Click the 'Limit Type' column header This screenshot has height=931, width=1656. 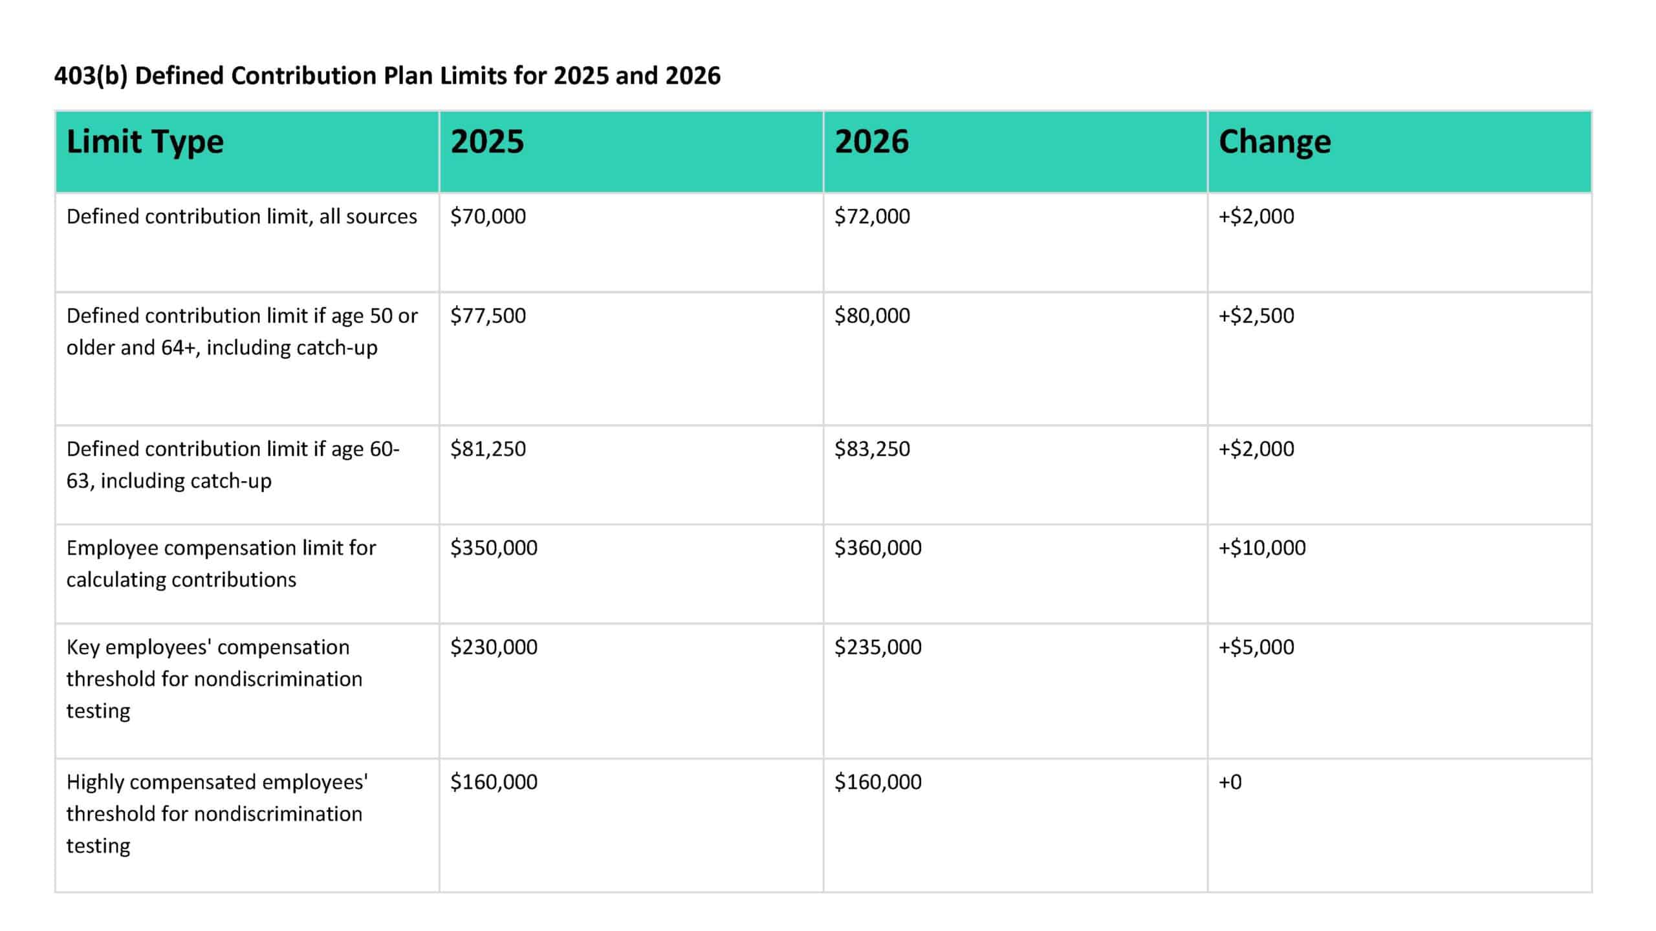click(145, 142)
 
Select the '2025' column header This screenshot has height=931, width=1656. click(487, 142)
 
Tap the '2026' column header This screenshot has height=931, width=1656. click(871, 142)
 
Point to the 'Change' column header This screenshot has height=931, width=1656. click(1274, 142)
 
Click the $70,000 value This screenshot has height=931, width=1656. click(488, 217)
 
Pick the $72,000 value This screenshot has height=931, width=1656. click(872, 217)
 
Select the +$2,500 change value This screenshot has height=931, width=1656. click(1256, 316)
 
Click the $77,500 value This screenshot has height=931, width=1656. click(488, 316)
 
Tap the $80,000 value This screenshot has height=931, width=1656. click(872, 316)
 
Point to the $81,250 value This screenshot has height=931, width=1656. click(488, 449)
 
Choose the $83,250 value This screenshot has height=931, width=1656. click(872, 449)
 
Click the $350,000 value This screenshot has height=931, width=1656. click(494, 548)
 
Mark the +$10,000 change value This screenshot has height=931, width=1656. click(1262, 548)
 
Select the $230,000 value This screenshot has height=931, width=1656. click(494, 647)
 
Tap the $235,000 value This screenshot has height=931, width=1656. click(878, 647)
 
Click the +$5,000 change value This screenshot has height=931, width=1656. click(1256, 647)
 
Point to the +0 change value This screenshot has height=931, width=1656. click(1230, 782)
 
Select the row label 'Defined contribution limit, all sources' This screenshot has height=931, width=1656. click(241, 217)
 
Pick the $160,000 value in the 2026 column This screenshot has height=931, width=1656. click(878, 782)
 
